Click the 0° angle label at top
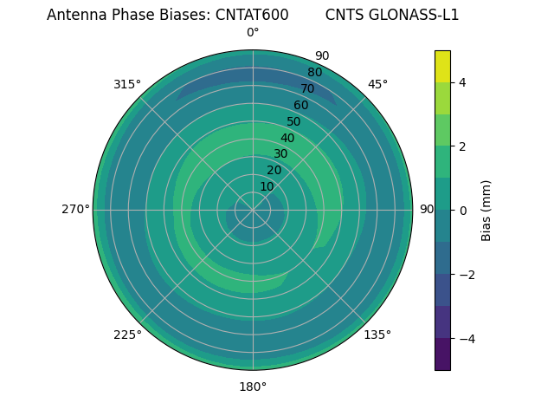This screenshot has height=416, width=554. [x=253, y=33]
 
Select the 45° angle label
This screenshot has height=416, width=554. [x=377, y=84]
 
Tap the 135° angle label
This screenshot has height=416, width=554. [x=377, y=335]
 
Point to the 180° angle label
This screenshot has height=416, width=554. [x=253, y=387]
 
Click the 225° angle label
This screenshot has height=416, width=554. [x=127, y=335]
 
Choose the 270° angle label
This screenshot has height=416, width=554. [x=75, y=209]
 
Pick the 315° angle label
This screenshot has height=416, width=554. [x=127, y=84]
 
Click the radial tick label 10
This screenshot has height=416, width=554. [x=267, y=186]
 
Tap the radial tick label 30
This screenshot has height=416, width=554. [x=280, y=153]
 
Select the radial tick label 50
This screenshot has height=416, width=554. [x=294, y=121]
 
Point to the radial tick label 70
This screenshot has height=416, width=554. [x=307, y=88]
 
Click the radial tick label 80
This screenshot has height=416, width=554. [x=314, y=72]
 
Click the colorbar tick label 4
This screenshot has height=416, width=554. [x=462, y=82]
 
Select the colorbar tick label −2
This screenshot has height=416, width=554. [x=467, y=275]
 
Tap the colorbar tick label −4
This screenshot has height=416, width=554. [x=467, y=339]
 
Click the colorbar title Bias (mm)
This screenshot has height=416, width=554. [x=486, y=211]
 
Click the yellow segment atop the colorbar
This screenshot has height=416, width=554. [x=442, y=66]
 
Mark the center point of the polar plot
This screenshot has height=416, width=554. [x=253, y=210]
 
